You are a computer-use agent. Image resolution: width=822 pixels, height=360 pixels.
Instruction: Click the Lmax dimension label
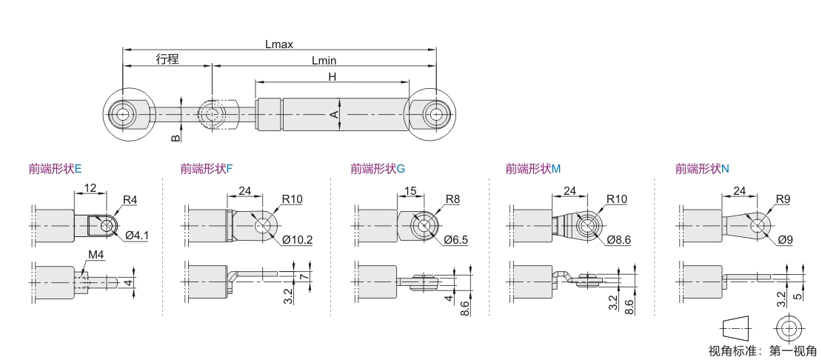(x=279, y=44)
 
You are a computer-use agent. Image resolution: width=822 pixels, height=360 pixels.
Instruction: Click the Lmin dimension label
(x=324, y=60)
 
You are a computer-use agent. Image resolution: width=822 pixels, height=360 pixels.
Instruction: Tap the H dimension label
(x=332, y=76)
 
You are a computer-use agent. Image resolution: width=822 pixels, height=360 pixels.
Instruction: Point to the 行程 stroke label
(x=167, y=60)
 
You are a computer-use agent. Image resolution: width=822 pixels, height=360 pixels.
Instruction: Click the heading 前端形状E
(x=56, y=169)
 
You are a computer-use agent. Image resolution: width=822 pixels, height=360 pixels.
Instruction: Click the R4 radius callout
(x=130, y=200)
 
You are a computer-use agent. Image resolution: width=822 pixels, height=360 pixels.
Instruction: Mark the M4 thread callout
(x=96, y=256)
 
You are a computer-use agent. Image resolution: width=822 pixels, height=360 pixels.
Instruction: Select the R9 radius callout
(x=783, y=200)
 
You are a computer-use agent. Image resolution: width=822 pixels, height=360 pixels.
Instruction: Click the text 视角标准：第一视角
(x=763, y=351)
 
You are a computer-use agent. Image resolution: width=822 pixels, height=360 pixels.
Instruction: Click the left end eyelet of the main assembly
(x=122, y=115)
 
